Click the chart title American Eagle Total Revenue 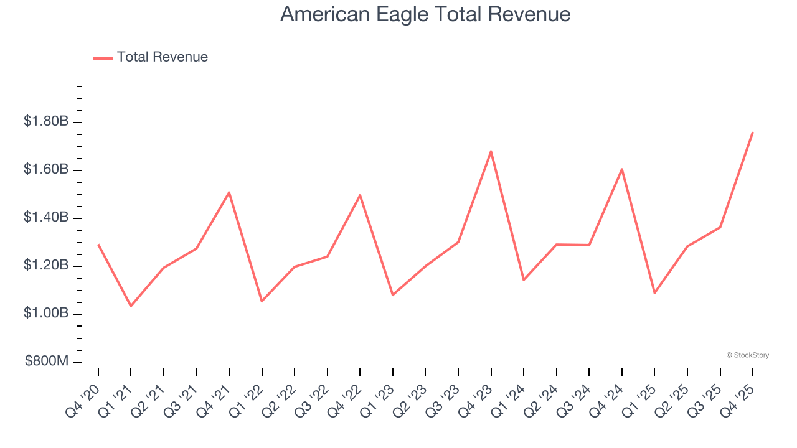(425, 14)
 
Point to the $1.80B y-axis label (45, 122)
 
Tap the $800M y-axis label (46, 362)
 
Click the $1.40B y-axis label (45, 218)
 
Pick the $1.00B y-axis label (45, 314)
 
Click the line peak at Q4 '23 (491, 151)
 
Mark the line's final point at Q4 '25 (752, 133)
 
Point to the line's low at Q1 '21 (131, 306)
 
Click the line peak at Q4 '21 (229, 192)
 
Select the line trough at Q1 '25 (654, 292)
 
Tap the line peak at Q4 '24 (621, 169)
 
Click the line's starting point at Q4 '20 (98, 245)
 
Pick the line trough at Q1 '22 (262, 301)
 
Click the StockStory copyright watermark (747, 355)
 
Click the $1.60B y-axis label (45, 170)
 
